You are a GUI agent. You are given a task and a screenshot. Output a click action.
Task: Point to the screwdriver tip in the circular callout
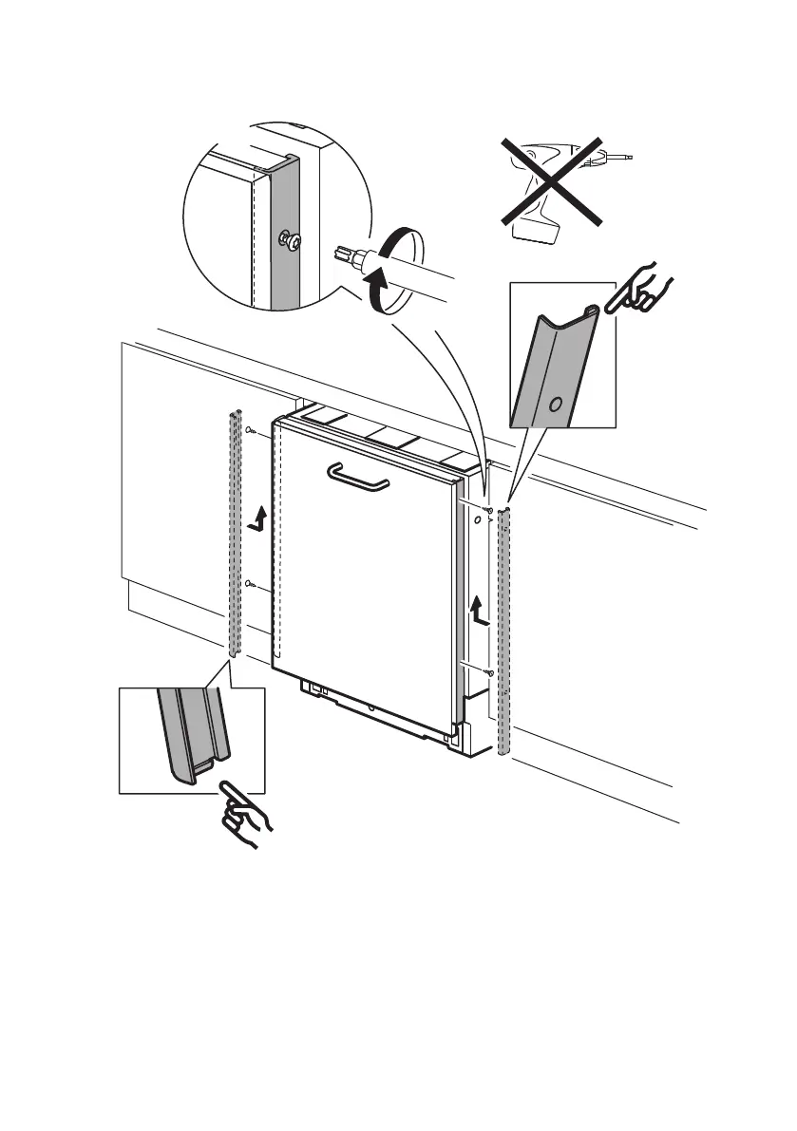(x=344, y=254)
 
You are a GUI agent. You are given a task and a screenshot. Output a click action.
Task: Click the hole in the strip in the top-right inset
(x=556, y=404)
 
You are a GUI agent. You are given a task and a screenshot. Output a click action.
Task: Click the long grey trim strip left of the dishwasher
(x=235, y=532)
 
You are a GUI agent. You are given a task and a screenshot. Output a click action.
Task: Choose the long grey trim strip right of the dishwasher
(x=504, y=631)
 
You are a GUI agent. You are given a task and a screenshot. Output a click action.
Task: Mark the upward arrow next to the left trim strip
(x=255, y=518)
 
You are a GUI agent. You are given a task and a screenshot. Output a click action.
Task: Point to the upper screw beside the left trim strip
(x=250, y=432)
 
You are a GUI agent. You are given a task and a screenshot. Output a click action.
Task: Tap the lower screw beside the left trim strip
(x=249, y=583)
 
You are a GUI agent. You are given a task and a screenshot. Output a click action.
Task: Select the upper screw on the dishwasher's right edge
(x=486, y=511)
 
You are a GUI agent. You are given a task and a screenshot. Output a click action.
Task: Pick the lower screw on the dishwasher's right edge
(x=487, y=671)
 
